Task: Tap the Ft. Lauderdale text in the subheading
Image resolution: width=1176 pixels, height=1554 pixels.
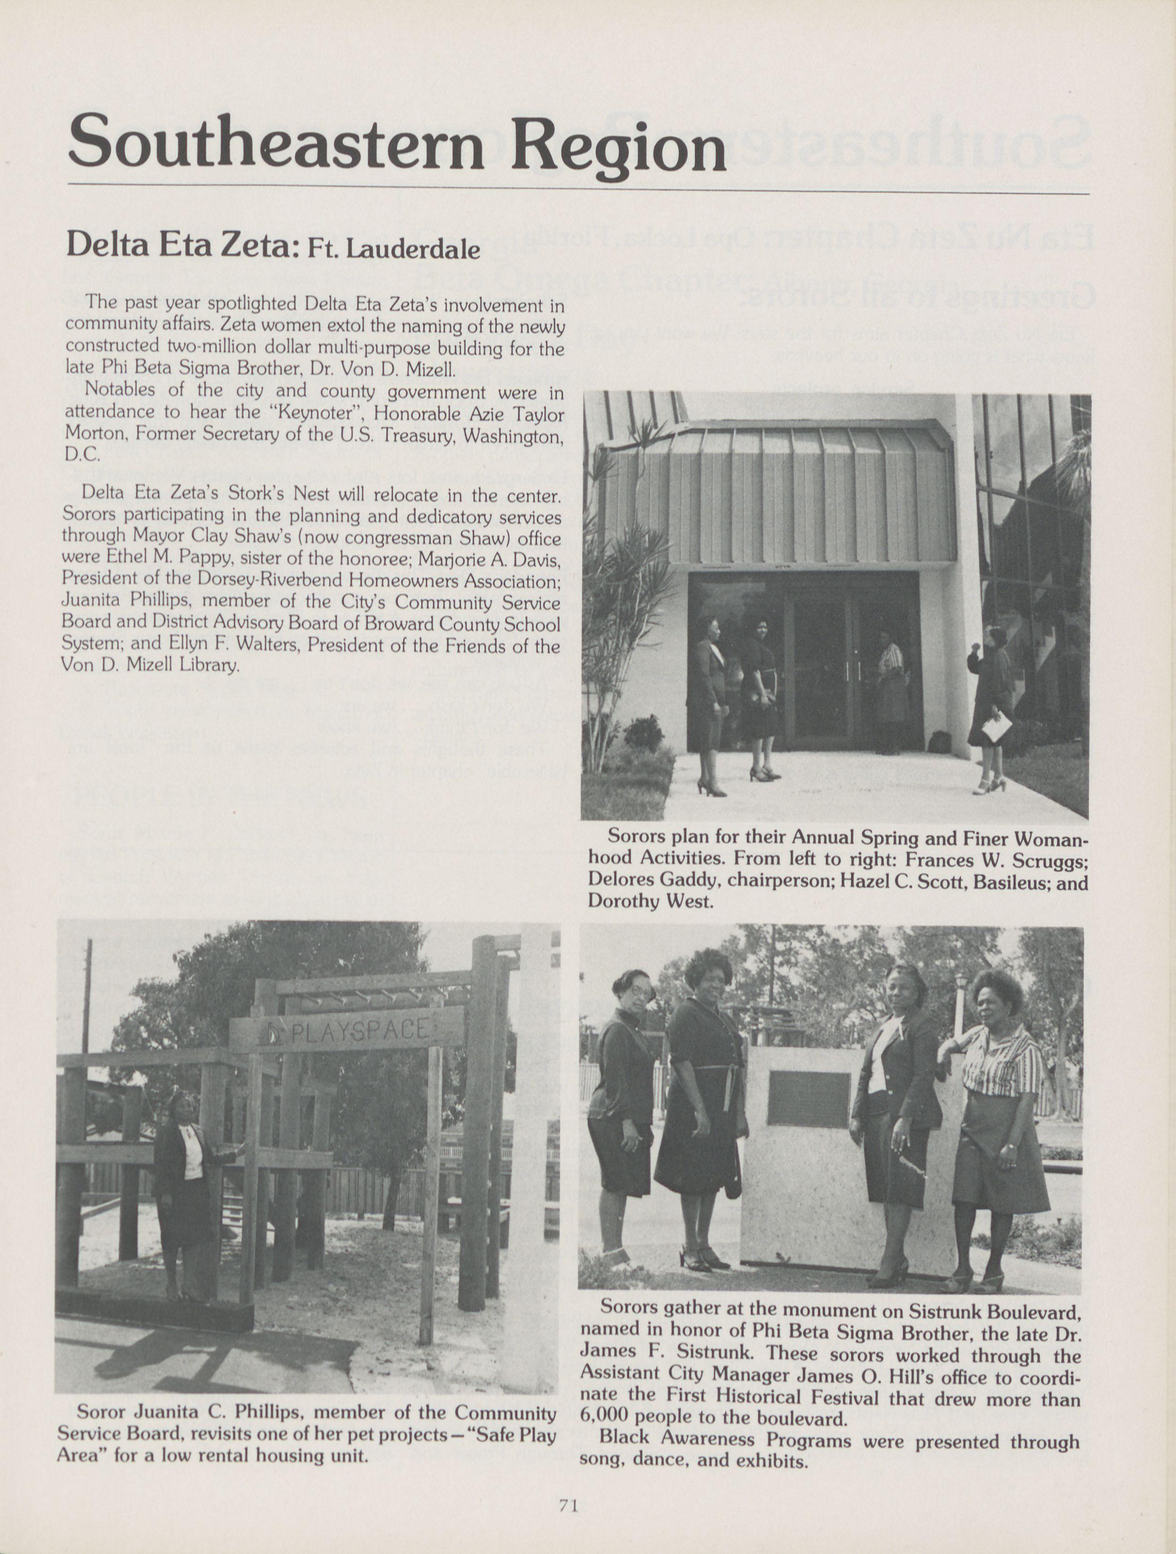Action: point(394,251)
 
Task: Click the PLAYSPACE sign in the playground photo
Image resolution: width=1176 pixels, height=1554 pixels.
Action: point(348,1031)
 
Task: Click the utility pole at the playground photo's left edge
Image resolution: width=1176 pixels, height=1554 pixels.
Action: point(87,998)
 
